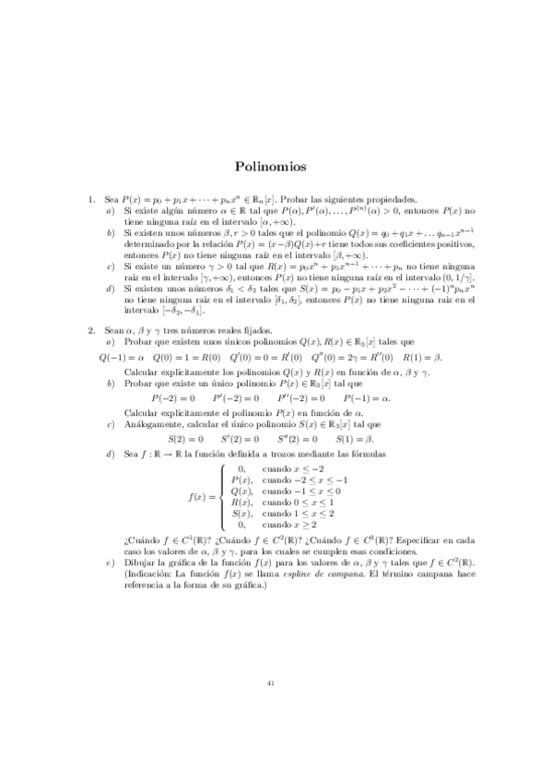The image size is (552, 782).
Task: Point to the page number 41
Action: point(270,683)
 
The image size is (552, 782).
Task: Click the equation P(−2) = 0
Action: point(172,398)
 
